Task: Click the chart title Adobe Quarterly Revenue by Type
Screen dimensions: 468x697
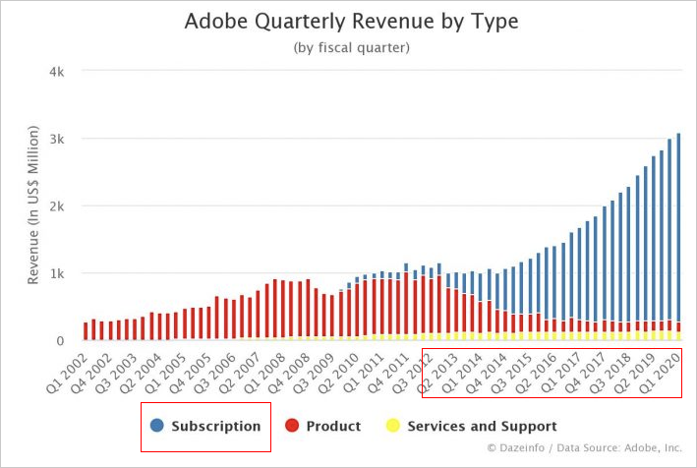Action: click(x=352, y=21)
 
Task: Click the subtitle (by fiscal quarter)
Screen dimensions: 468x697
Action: click(x=352, y=47)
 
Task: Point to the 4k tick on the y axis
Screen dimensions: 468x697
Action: click(x=58, y=72)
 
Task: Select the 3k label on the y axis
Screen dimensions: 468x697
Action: click(x=58, y=139)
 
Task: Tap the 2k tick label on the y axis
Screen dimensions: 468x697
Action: click(x=58, y=205)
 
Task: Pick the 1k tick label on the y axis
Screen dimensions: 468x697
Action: click(x=58, y=272)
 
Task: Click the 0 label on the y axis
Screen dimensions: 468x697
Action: click(x=61, y=340)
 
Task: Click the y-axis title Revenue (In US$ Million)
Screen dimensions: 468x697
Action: click(x=33, y=205)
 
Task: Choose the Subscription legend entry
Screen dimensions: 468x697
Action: click(x=215, y=427)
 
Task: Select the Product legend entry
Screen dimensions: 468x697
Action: click(x=333, y=427)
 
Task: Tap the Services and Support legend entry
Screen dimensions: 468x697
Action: click(x=482, y=427)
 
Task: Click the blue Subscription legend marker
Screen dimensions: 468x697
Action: click(x=157, y=427)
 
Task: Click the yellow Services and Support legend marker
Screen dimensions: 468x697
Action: click(x=392, y=427)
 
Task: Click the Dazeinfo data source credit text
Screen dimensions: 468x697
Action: click(x=584, y=448)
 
